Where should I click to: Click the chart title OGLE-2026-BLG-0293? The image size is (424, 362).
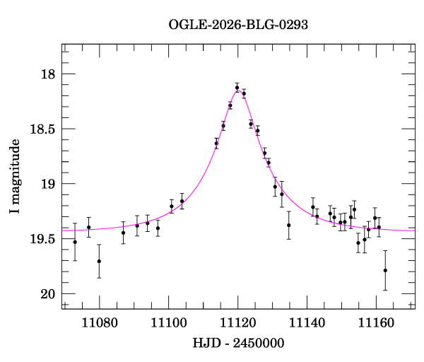[238, 25]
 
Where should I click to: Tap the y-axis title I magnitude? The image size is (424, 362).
[15, 176]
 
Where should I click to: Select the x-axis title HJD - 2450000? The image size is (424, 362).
[238, 343]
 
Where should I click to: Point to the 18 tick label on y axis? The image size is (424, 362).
[48, 74]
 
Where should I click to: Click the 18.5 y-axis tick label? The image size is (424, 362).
[42, 129]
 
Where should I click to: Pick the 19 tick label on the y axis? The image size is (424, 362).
[48, 184]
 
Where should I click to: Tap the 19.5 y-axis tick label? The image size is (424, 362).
[42, 239]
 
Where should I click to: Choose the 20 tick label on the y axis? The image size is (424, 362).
[48, 294]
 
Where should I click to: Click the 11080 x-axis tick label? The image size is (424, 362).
[100, 323]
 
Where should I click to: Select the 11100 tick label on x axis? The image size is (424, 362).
[169, 323]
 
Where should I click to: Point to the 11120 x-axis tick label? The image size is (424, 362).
[238, 323]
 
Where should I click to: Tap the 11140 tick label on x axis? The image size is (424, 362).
[307, 323]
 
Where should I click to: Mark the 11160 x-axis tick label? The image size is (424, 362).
[376, 323]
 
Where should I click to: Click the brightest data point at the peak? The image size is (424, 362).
[237, 88]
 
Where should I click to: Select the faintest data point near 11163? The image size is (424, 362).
[385, 271]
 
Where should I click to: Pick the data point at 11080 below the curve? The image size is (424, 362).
[99, 262]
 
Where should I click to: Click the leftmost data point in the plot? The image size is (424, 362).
[75, 242]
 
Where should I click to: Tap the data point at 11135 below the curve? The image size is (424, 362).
[289, 226]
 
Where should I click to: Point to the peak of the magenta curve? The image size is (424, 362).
[238, 90]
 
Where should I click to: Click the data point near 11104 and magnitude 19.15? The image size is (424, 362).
[182, 201]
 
